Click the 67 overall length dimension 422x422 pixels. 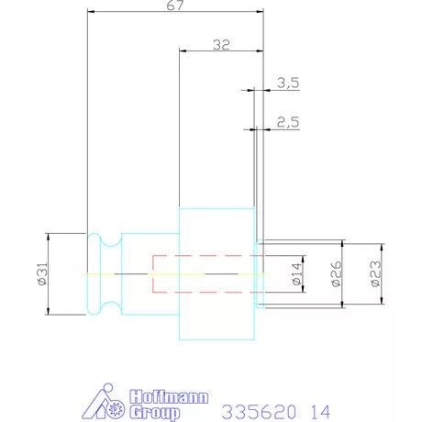click(175, 6)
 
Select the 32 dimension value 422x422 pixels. click(221, 45)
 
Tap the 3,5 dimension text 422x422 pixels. click(288, 83)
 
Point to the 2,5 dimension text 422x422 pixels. click(288, 122)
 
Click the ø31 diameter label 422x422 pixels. click(43, 273)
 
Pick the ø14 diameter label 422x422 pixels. click(296, 273)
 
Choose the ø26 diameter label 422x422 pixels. click(336, 273)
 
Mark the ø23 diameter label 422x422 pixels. click(375, 273)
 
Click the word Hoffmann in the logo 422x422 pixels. click(169, 396)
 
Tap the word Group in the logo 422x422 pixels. click(154, 413)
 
